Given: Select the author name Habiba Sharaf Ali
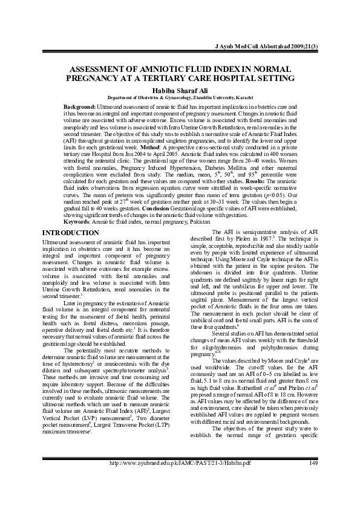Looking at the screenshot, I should coord(180,89).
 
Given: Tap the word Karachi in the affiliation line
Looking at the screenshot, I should coord(242,97).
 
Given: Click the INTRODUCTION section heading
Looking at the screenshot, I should coord(67,215).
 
